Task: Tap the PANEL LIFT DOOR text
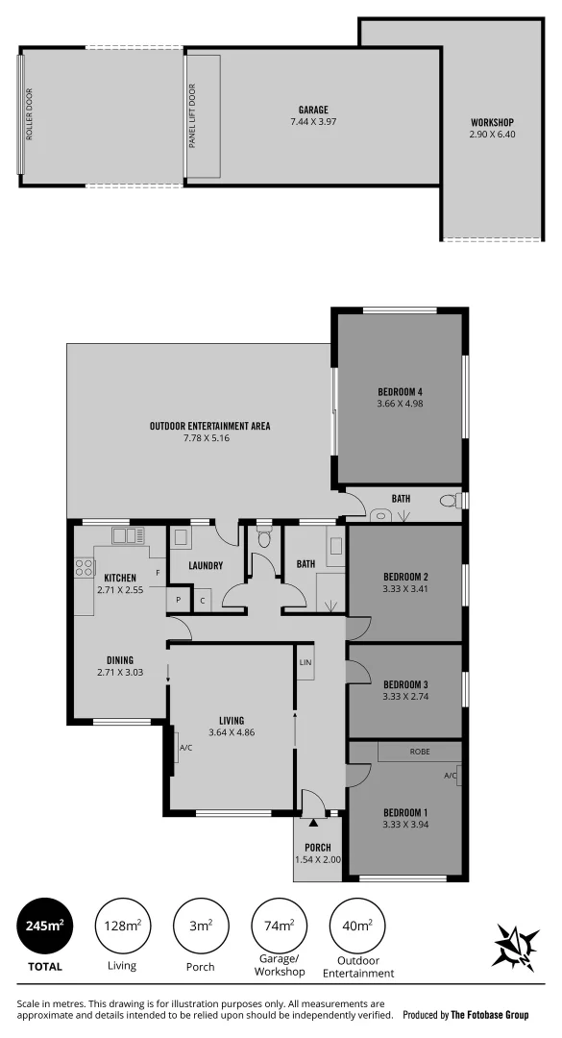(x=192, y=116)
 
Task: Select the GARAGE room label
(x=313, y=111)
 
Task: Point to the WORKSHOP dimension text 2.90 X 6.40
(x=492, y=135)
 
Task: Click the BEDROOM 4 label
(x=401, y=391)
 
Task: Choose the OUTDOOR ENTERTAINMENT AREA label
(x=209, y=426)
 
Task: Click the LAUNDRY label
(x=206, y=565)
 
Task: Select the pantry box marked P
(x=178, y=602)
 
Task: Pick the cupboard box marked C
(x=202, y=602)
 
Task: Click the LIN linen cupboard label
(x=305, y=663)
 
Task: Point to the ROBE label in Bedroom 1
(x=419, y=751)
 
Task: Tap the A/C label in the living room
(x=185, y=747)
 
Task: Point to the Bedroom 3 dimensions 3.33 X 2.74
(x=403, y=696)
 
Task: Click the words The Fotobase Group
(x=490, y=1014)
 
